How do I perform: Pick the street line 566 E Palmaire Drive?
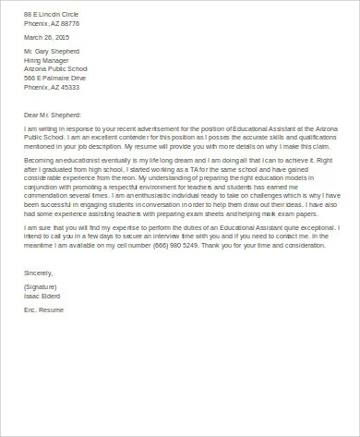click(54, 90)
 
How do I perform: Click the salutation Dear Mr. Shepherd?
click(51, 126)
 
